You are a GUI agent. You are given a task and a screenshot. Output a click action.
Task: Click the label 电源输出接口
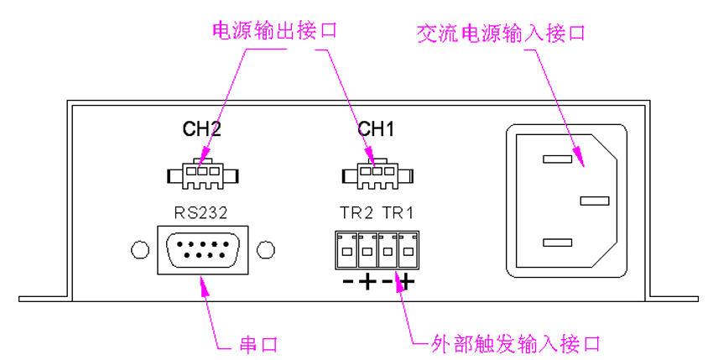tap(273, 32)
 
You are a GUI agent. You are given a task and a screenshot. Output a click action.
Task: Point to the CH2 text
tap(201, 130)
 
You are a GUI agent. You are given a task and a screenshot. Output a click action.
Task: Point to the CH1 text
tap(376, 130)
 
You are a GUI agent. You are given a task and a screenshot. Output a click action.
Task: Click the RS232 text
tap(201, 214)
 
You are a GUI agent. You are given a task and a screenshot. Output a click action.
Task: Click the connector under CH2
tap(201, 175)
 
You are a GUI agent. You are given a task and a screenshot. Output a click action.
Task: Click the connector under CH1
tap(377, 175)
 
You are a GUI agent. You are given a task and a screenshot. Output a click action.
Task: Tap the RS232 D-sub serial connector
tap(201, 250)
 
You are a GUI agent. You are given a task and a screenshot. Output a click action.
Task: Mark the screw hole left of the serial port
tap(140, 250)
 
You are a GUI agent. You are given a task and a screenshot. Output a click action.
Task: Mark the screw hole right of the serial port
tap(264, 250)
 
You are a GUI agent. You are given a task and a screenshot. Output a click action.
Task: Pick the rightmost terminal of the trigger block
tap(408, 249)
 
